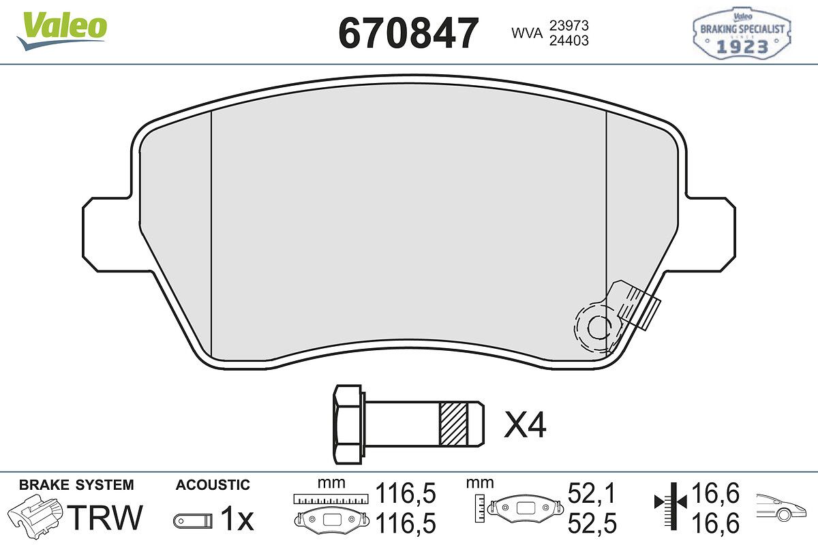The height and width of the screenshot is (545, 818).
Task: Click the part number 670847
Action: point(408,33)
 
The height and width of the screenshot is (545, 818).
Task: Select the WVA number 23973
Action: point(569,26)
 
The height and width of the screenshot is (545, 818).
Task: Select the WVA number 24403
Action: point(569,40)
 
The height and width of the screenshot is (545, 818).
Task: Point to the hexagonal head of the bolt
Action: point(348,424)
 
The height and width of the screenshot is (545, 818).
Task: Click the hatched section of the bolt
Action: point(453,424)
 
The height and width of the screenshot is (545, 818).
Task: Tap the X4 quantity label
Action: point(525,424)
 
